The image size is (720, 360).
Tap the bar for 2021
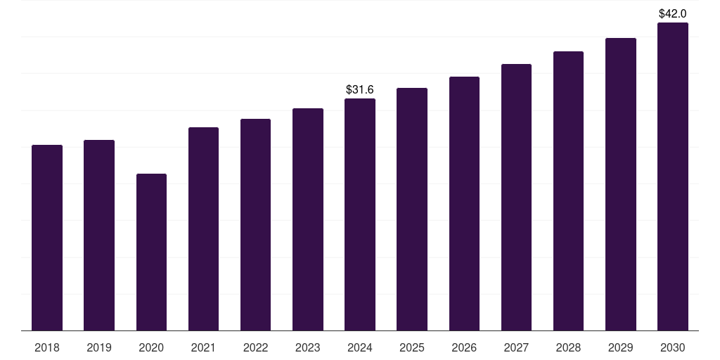203,229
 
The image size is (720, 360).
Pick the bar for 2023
308,219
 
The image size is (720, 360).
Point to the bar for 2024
360,214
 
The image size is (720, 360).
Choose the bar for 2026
464,203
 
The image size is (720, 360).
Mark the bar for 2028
568,191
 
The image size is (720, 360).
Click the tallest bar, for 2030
673,176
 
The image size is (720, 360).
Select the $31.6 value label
360,89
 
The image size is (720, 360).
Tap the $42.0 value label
673,13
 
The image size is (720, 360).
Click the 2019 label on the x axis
99,347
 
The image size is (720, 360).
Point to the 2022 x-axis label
255,347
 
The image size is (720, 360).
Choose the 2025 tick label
412,347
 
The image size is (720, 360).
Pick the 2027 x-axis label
516,347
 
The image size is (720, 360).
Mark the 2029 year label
621,347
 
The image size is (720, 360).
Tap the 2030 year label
673,347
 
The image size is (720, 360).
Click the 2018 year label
47,347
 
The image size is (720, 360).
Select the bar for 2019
99,235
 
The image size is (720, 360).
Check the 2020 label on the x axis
151,347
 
